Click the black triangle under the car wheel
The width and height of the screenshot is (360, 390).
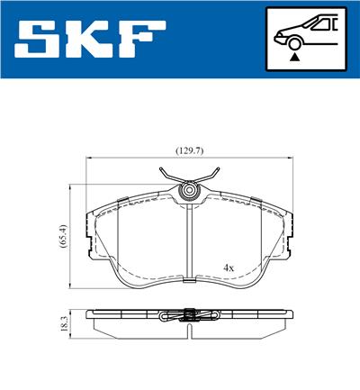coord(293,56)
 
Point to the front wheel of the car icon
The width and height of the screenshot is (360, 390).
coord(293,41)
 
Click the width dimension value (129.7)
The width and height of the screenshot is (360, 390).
coord(188,150)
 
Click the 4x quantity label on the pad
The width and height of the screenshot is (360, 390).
coord(229,268)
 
